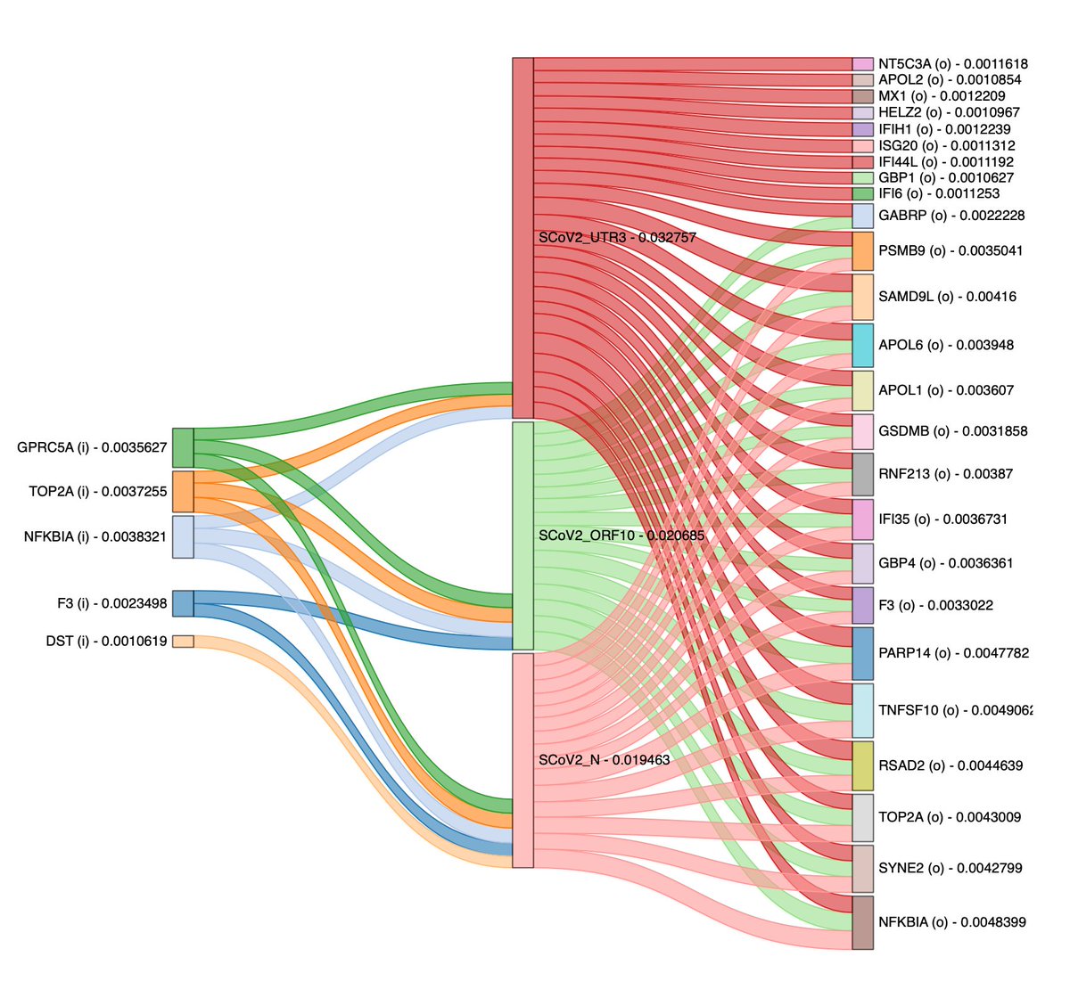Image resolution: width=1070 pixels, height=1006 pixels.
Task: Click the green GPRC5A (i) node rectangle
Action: pyautogui.click(x=183, y=447)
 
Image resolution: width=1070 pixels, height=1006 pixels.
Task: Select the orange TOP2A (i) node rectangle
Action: pyautogui.click(x=183, y=491)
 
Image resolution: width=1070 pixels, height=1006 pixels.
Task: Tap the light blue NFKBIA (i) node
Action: pyautogui.click(x=183, y=536)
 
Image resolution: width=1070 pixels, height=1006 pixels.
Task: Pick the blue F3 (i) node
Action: pyautogui.click(x=183, y=603)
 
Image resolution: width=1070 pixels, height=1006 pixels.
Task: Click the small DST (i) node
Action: pyautogui.click(x=183, y=641)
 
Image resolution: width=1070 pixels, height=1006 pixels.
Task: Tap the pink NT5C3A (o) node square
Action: pyautogui.click(x=862, y=64)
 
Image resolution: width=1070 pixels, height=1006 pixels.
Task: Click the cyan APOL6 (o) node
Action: pyautogui.click(x=862, y=345)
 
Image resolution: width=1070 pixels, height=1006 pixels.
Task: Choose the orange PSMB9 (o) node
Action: pyautogui.click(x=862, y=251)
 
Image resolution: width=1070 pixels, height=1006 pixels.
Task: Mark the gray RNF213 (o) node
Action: pyautogui.click(x=862, y=474)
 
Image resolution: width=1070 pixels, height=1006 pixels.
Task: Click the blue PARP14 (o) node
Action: pyautogui.click(x=862, y=653)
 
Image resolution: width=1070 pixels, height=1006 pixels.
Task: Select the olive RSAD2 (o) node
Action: pyautogui.click(x=862, y=765)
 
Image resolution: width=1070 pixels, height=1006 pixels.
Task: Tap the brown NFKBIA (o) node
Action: pyautogui.click(x=862, y=922)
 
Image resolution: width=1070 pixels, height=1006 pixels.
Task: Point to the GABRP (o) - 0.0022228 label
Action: pyautogui.click(x=951, y=216)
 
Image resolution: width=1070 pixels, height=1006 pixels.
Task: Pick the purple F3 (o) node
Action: pyautogui.click(x=862, y=605)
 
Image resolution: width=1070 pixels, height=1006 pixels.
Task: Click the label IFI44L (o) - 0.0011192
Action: pyautogui.click(x=945, y=162)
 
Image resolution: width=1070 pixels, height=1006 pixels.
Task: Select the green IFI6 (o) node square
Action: pyautogui.click(x=862, y=193)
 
